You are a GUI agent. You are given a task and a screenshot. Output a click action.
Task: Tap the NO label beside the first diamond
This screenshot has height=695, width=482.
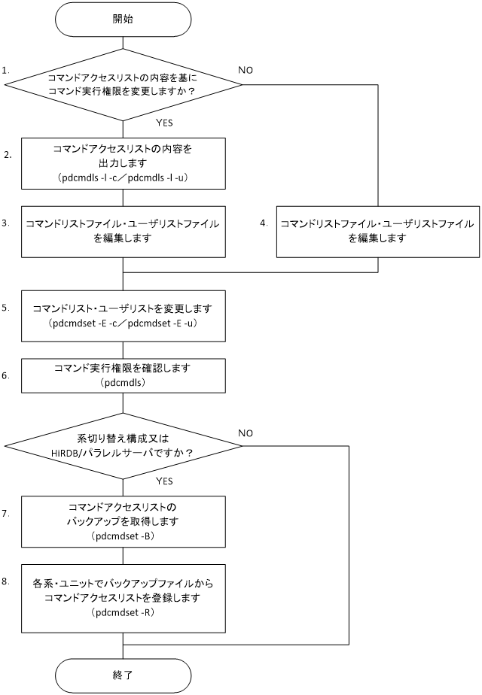click(x=246, y=70)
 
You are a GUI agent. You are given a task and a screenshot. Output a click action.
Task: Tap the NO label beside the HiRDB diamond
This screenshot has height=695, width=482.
click(x=246, y=433)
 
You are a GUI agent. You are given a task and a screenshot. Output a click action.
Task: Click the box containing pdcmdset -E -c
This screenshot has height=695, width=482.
click(x=123, y=316)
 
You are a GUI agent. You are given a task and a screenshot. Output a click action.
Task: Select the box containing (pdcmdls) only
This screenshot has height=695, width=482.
click(x=123, y=375)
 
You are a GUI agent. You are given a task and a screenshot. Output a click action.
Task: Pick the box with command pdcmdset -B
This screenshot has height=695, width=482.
click(x=123, y=521)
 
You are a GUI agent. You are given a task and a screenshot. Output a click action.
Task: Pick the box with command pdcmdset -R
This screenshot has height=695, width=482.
click(x=123, y=598)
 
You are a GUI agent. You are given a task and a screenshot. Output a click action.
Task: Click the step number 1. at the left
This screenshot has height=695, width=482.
click(x=6, y=70)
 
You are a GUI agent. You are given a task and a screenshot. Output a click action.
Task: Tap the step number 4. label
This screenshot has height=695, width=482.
click(x=264, y=223)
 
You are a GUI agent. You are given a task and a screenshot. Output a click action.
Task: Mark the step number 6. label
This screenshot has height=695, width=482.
click(x=6, y=375)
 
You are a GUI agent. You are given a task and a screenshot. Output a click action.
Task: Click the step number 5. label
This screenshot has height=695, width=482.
click(x=6, y=308)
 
